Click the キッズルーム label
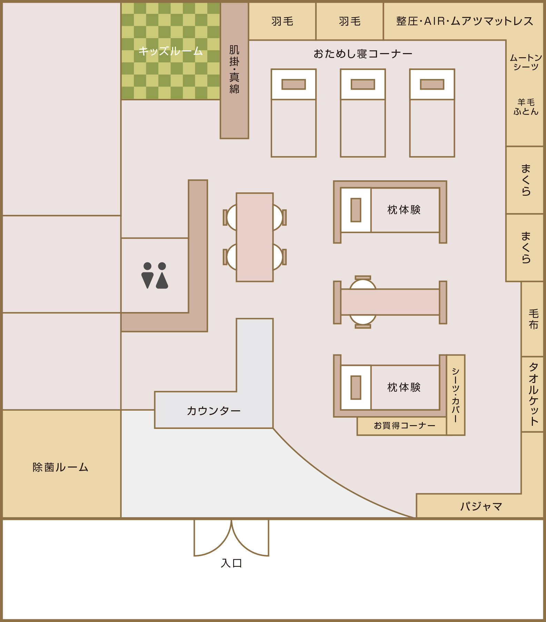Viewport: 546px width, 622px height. pyautogui.click(x=170, y=51)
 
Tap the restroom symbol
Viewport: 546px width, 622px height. pyautogui.click(x=155, y=275)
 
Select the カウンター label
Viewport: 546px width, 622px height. pyautogui.click(x=214, y=411)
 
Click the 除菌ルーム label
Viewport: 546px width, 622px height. pyautogui.click(x=61, y=467)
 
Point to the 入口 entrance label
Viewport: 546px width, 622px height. pyautogui.click(x=231, y=563)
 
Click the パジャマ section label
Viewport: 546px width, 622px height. pyautogui.click(x=481, y=506)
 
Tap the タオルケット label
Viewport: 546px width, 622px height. pyautogui.click(x=534, y=394)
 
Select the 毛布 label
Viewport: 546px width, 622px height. pyautogui.click(x=534, y=319)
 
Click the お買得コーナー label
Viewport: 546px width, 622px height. pyautogui.click(x=405, y=426)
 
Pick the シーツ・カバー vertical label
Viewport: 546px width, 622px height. pyautogui.click(x=456, y=395)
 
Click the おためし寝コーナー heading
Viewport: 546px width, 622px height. pyautogui.click(x=363, y=54)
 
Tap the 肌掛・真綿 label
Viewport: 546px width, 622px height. pyautogui.click(x=234, y=69)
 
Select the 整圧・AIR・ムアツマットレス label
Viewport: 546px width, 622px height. pyautogui.click(x=465, y=21)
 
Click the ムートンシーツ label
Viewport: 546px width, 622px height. pyautogui.click(x=526, y=62)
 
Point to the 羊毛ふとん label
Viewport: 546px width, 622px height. pyautogui.click(x=526, y=107)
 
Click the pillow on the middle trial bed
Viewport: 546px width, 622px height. pyautogui.click(x=363, y=84)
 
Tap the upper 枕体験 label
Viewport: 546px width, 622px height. pyautogui.click(x=404, y=210)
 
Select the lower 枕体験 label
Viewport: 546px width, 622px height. pyautogui.click(x=404, y=387)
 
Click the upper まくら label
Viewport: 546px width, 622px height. pyautogui.click(x=526, y=180)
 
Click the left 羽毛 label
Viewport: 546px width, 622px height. pyautogui.click(x=282, y=21)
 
